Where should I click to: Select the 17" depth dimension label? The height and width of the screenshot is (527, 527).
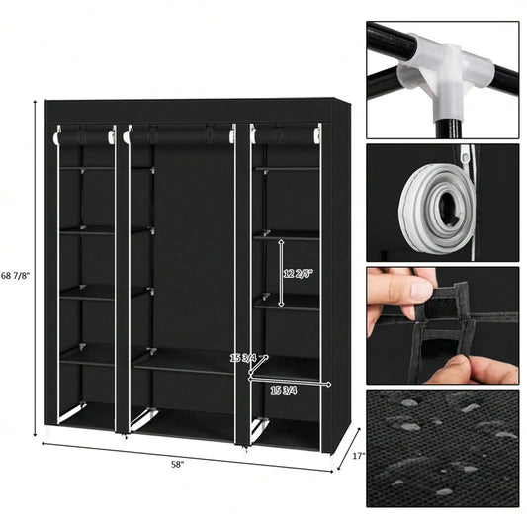pyautogui.click(x=358, y=456)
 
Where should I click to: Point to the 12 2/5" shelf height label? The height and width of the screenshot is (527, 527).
pyautogui.click(x=296, y=274)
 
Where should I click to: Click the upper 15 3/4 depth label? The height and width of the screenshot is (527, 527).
pyautogui.click(x=242, y=358)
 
